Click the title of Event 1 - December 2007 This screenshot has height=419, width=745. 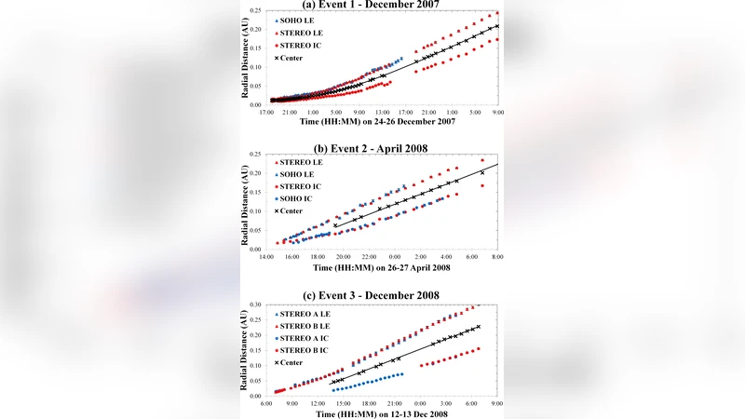click(372, 5)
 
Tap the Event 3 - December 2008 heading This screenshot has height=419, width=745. click(372, 295)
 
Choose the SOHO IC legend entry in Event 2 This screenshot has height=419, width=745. click(296, 199)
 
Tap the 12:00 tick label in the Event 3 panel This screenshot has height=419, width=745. click(318, 404)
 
